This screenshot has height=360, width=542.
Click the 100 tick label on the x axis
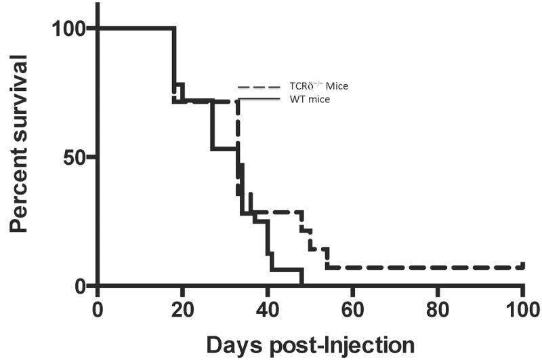click(522, 306)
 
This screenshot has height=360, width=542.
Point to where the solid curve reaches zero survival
click(302, 285)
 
